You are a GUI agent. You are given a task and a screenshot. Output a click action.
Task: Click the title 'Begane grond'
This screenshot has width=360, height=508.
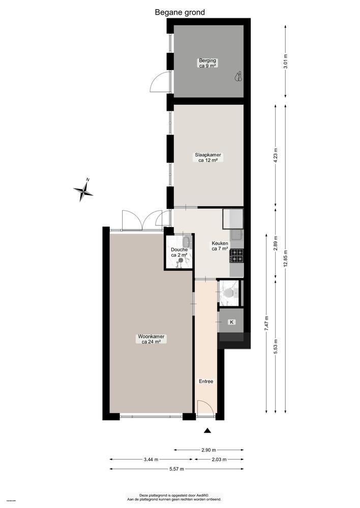click(180, 12)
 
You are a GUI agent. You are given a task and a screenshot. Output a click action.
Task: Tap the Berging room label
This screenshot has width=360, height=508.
click(207, 63)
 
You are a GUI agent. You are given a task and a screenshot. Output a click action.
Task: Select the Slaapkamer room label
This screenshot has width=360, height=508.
click(207, 157)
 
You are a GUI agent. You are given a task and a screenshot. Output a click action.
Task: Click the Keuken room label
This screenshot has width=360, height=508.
click(220, 246)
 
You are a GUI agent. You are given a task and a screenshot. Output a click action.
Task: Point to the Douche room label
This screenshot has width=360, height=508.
click(179, 252)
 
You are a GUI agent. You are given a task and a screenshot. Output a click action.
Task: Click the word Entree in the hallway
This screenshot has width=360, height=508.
click(206, 382)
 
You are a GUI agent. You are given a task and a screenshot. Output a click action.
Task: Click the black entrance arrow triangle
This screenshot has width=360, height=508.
click(207, 431)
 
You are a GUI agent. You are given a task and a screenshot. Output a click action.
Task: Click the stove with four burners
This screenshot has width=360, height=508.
click(236, 256)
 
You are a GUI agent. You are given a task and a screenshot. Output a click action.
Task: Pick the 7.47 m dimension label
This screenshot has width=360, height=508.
click(266, 323)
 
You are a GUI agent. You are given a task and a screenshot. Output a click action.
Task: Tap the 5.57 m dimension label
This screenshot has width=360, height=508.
click(176, 469)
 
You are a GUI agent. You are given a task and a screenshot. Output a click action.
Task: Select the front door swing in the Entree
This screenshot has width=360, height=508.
click(203, 407)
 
